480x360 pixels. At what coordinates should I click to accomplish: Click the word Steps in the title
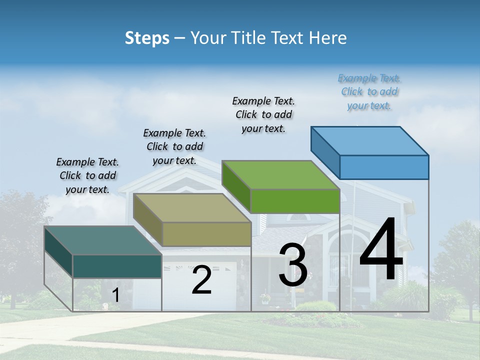click(147, 38)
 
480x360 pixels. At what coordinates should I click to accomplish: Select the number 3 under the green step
click(292, 265)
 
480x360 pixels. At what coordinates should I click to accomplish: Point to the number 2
click(201, 280)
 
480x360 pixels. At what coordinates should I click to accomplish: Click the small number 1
click(116, 295)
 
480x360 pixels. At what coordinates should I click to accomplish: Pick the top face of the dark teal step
click(103, 240)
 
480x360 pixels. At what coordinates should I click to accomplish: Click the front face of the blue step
click(384, 167)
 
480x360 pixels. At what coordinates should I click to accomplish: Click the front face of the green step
click(295, 201)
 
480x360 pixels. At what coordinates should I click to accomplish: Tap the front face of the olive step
click(206, 234)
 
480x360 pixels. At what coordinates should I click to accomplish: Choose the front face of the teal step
click(117, 266)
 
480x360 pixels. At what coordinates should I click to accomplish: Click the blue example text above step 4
click(369, 92)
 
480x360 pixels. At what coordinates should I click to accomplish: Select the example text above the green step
click(263, 115)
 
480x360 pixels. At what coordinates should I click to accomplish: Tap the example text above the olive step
click(174, 146)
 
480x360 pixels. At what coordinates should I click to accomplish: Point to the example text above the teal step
click(87, 175)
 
